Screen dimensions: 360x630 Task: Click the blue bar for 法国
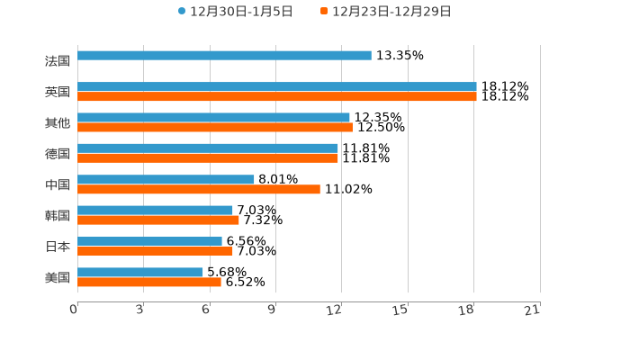click(224, 56)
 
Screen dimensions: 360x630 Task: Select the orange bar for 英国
click(276, 96)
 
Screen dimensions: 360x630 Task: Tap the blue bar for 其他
click(213, 118)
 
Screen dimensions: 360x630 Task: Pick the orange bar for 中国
click(198, 189)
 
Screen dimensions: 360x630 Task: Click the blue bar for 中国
click(166, 180)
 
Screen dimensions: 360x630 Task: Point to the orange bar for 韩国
click(157, 220)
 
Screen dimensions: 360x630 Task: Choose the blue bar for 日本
click(149, 241)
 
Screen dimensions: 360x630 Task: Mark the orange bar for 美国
click(148, 283)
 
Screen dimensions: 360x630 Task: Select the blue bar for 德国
click(207, 148)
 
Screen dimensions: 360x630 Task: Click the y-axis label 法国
click(58, 60)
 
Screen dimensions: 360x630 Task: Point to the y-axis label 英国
click(58, 92)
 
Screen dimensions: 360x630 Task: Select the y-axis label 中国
click(58, 184)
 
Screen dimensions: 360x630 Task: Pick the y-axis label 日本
click(58, 247)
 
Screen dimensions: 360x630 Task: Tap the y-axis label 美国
click(58, 277)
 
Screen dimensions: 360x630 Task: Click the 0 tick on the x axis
click(75, 310)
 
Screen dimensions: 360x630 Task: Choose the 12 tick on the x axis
click(335, 310)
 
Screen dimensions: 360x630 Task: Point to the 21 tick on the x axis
click(532, 310)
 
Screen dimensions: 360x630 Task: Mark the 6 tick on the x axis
click(206, 310)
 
